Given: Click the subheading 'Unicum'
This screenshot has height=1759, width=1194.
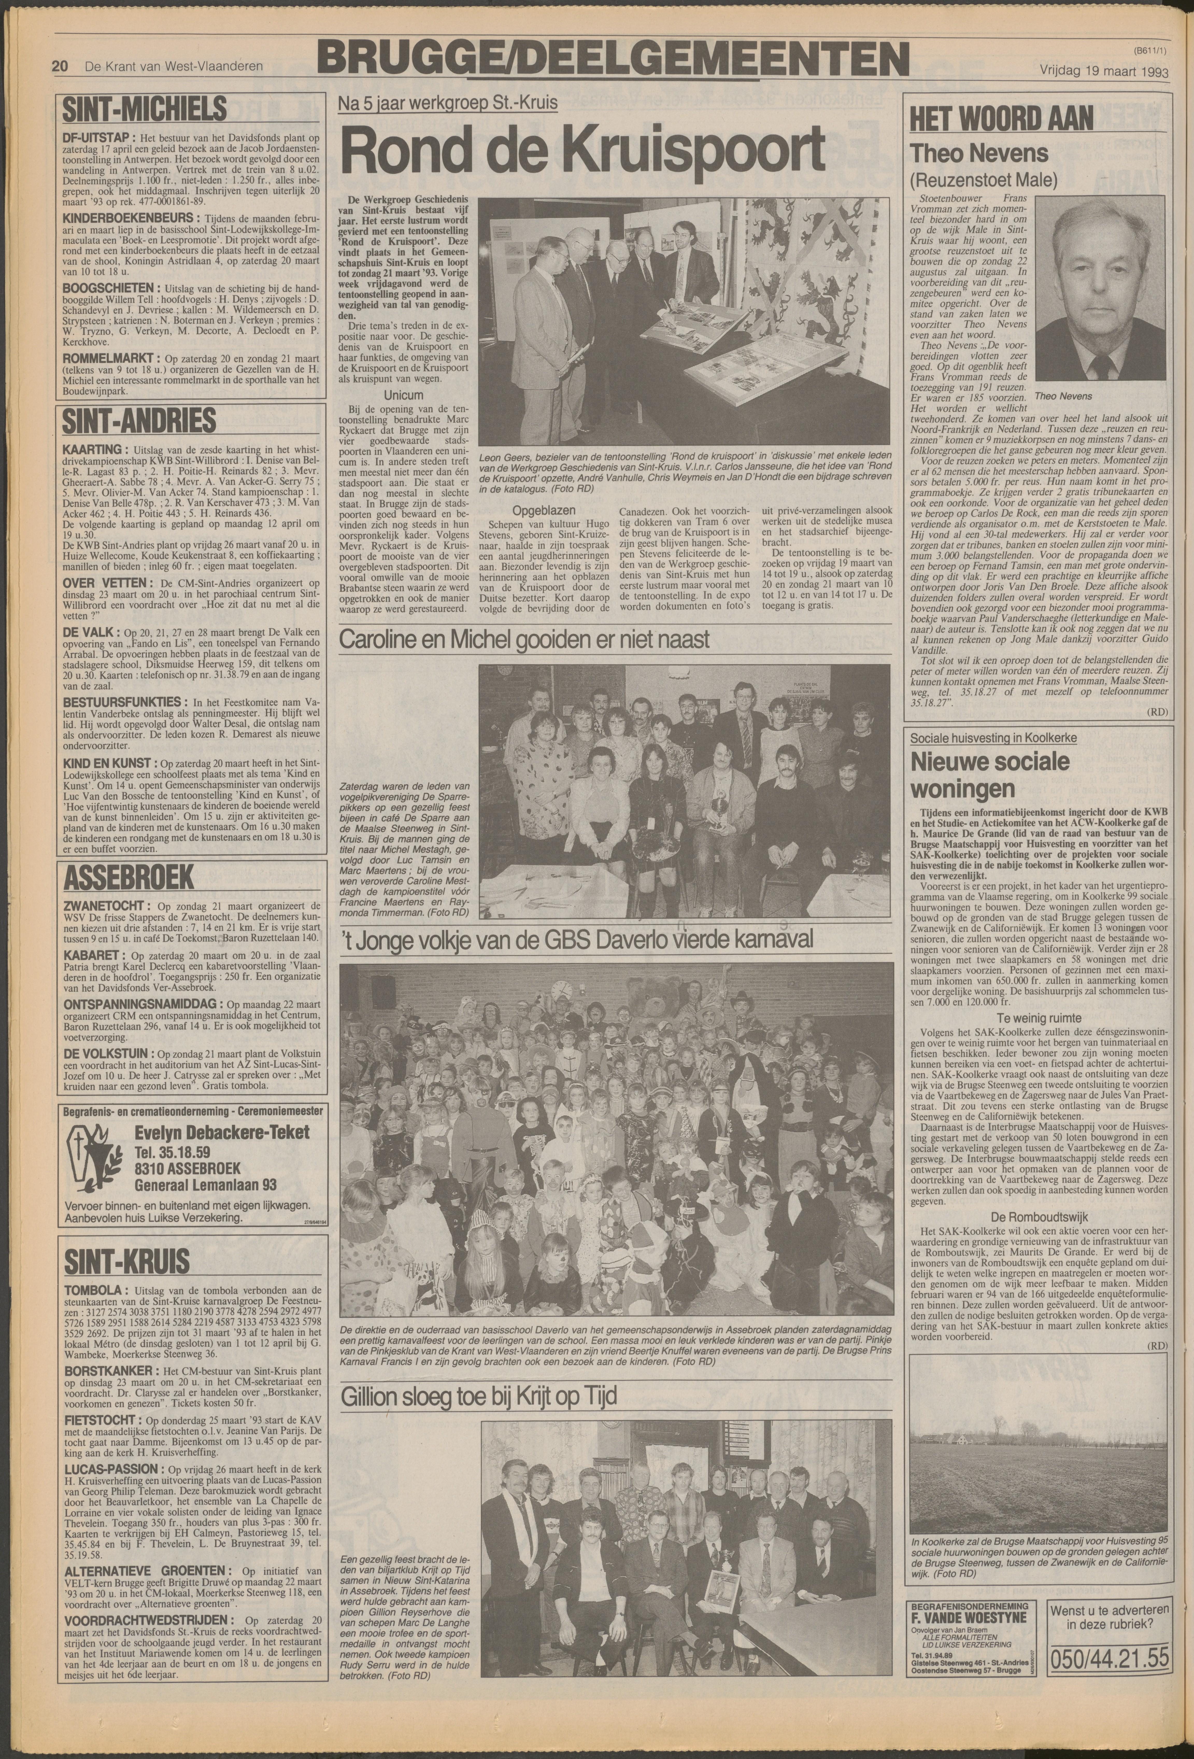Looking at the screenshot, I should click(x=403, y=395).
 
